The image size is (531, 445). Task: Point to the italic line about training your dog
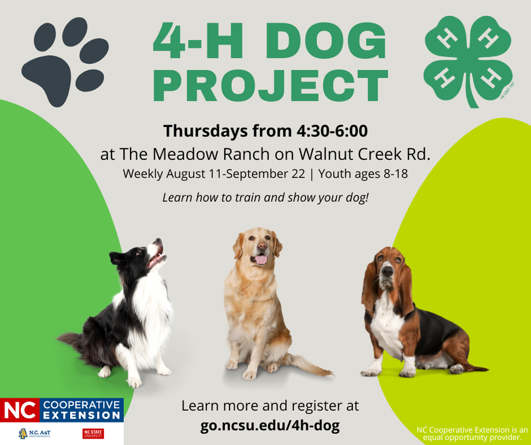pyautogui.click(x=265, y=197)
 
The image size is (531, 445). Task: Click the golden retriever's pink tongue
pyautogui.click(x=261, y=259)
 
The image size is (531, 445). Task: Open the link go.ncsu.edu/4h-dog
pyautogui.click(x=270, y=426)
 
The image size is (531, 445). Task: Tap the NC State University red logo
pyautogui.click(x=94, y=434)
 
